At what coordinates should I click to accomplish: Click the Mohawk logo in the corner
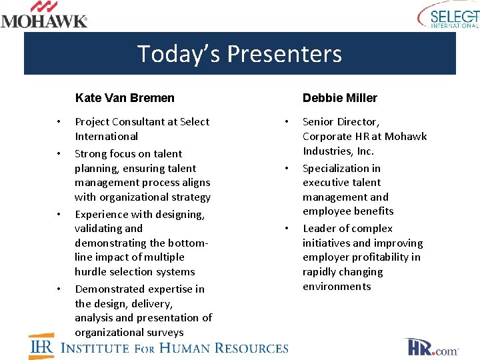44,15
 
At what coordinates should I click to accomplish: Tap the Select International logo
447,15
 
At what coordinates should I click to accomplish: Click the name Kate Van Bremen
125,98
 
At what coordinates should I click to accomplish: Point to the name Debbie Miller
339,98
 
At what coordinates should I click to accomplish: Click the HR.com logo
431,347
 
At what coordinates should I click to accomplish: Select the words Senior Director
341,122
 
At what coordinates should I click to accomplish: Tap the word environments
337,287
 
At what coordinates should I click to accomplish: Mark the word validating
99,229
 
